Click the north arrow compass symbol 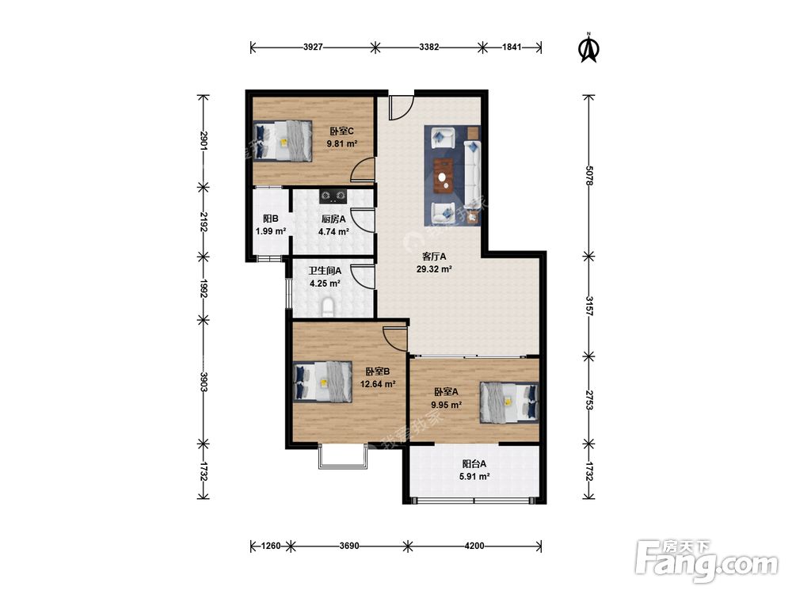(x=588, y=48)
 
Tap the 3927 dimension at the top (x=313, y=48)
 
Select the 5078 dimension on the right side (x=588, y=175)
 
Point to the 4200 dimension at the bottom (x=474, y=546)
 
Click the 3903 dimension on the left (x=204, y=383)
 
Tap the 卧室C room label (x=341, y=131)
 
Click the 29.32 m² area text (x=434, y=269)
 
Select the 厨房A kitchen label (x=333, y=219)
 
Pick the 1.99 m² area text (x=271, y=231)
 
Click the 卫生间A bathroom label (x=325, y=271)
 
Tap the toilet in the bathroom (x=328, y=307)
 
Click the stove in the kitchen (x=333, y=195)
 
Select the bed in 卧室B (x=323, y=382)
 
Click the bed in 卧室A (x=509, y=402)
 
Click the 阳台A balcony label (x=474, y=463)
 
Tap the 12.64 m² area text (x=377, y=384)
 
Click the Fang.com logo (x=706, y=561)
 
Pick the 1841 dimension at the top (x=511, y=48)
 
